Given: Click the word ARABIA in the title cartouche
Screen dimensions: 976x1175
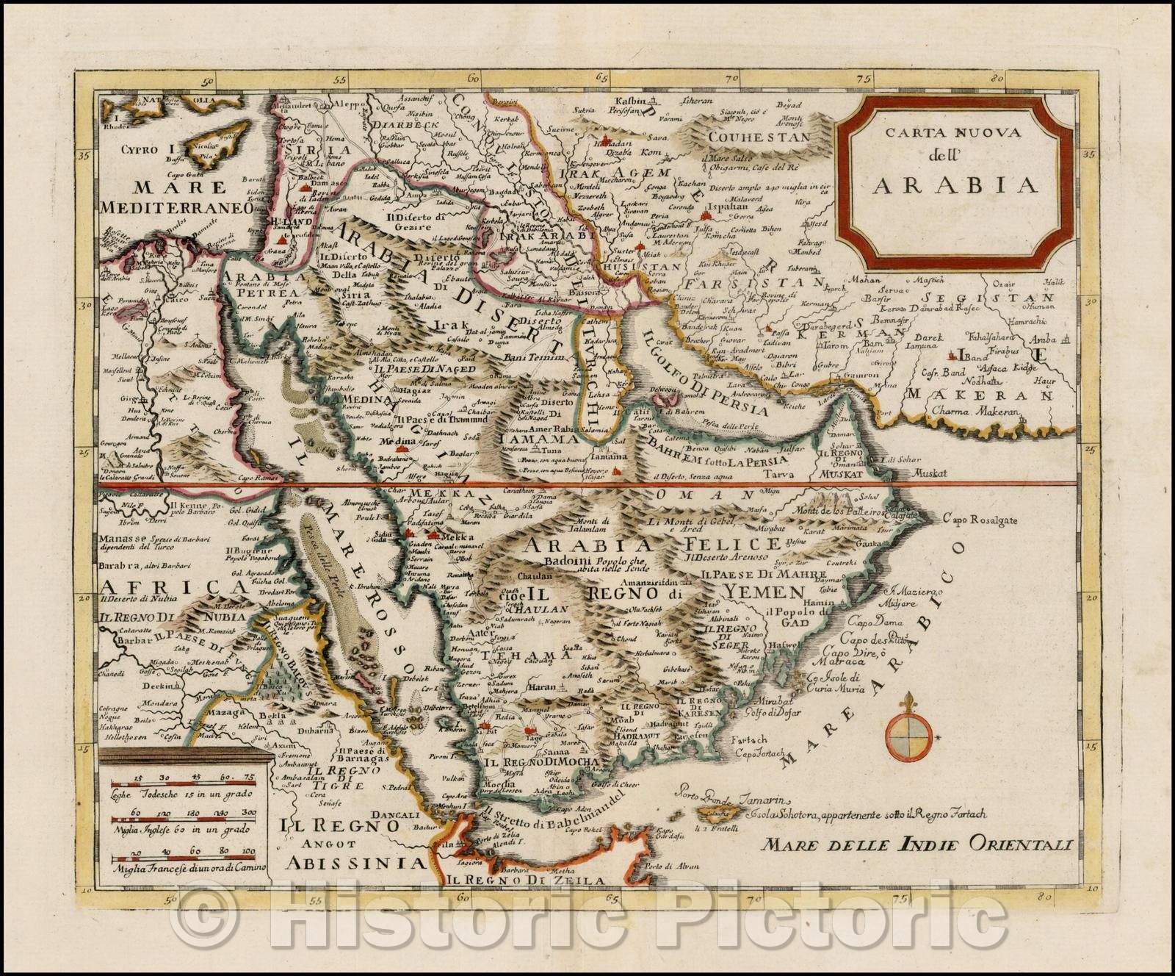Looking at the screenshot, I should tap(955, 184).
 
